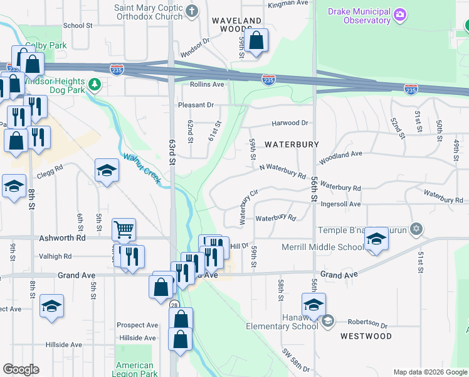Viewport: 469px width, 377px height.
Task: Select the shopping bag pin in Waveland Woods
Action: coord(256,42)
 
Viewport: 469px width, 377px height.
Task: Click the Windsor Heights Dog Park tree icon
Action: coord(94,84)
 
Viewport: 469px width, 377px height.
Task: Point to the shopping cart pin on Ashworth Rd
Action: coord(124,230)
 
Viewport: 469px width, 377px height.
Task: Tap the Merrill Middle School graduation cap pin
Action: coord(376,239)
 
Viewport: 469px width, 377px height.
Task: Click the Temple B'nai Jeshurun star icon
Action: coord(415,228)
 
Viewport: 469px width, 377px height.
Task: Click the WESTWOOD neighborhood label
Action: coord(366,336)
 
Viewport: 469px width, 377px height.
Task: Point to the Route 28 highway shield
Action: coord(174,305)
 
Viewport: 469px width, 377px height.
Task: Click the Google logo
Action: coord(21,369)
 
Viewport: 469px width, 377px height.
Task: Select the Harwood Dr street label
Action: coord(290,123)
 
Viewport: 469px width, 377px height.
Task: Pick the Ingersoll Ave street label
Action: coord(340,204)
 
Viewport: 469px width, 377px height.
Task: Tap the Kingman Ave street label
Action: coord(288,4)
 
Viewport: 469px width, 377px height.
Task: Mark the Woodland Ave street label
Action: coord(341,153)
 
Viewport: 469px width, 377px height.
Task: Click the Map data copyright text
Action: coord(429,372)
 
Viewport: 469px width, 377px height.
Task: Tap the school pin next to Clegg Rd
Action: coord(107,170)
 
